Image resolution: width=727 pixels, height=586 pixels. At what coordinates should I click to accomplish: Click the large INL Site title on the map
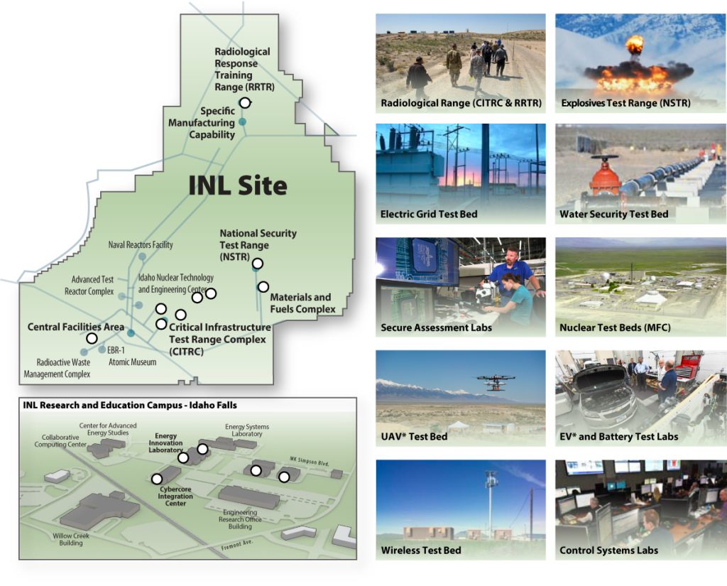pyautogui.click(x=238, y=185)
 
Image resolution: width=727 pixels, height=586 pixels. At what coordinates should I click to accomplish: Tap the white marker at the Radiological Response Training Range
pyautogui.click(x=245, y=102)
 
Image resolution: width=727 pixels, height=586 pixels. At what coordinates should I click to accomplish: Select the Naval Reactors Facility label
pyautogui.click(x=141, y=244)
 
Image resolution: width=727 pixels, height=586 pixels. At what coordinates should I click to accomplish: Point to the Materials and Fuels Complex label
pyautogui.click(x=302, y=303)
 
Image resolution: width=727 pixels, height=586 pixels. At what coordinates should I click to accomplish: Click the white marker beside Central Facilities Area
pyautogui.click(x=92, y=338)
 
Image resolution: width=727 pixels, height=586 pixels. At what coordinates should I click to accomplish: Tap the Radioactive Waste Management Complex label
pyautogui.click(x=57, y=368)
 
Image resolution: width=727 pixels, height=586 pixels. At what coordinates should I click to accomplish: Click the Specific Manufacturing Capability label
pyautogui.click(x=202, y=123)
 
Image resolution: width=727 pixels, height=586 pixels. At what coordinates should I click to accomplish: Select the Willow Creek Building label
pyautogui.click(x=71, y=539)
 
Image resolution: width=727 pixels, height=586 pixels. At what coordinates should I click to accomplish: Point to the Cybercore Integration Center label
pyautogui.click(x=175, y=496)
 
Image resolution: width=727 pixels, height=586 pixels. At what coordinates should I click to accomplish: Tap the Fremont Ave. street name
pyautogui.click(x=237, y=545)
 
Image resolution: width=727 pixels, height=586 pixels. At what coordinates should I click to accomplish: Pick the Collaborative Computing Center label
pyautogui.click(x=60, y=441)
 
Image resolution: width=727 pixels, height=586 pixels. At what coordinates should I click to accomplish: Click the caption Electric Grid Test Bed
pyautogui.click(x=429, y=214)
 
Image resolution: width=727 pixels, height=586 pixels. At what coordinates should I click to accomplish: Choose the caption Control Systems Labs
pyautogui.click(x=608, y=550)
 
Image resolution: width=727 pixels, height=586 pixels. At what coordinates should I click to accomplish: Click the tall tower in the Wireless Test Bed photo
pyautogui.click(x=490, y=505)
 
